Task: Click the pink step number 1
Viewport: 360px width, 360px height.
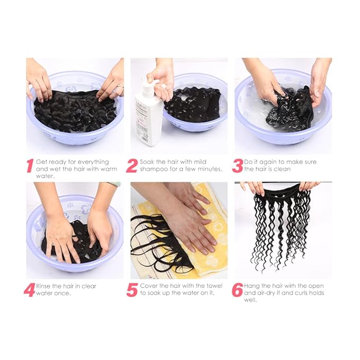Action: [30, 165]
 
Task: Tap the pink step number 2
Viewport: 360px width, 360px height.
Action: [131, 165]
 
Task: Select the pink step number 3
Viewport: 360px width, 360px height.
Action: [237, 165]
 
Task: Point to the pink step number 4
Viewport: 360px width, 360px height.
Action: [29, 290]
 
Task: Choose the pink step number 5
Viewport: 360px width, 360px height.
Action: [132, 290]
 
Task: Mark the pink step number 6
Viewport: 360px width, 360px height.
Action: [237, 290]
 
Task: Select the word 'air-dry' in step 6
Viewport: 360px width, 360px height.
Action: [270, 293]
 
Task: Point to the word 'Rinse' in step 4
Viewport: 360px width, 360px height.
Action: [46, 286]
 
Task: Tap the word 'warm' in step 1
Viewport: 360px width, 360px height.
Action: [105, 169]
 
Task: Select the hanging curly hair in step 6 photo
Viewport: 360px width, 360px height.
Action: [281, 223]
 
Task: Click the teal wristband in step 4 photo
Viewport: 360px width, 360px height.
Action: [113, 184]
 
